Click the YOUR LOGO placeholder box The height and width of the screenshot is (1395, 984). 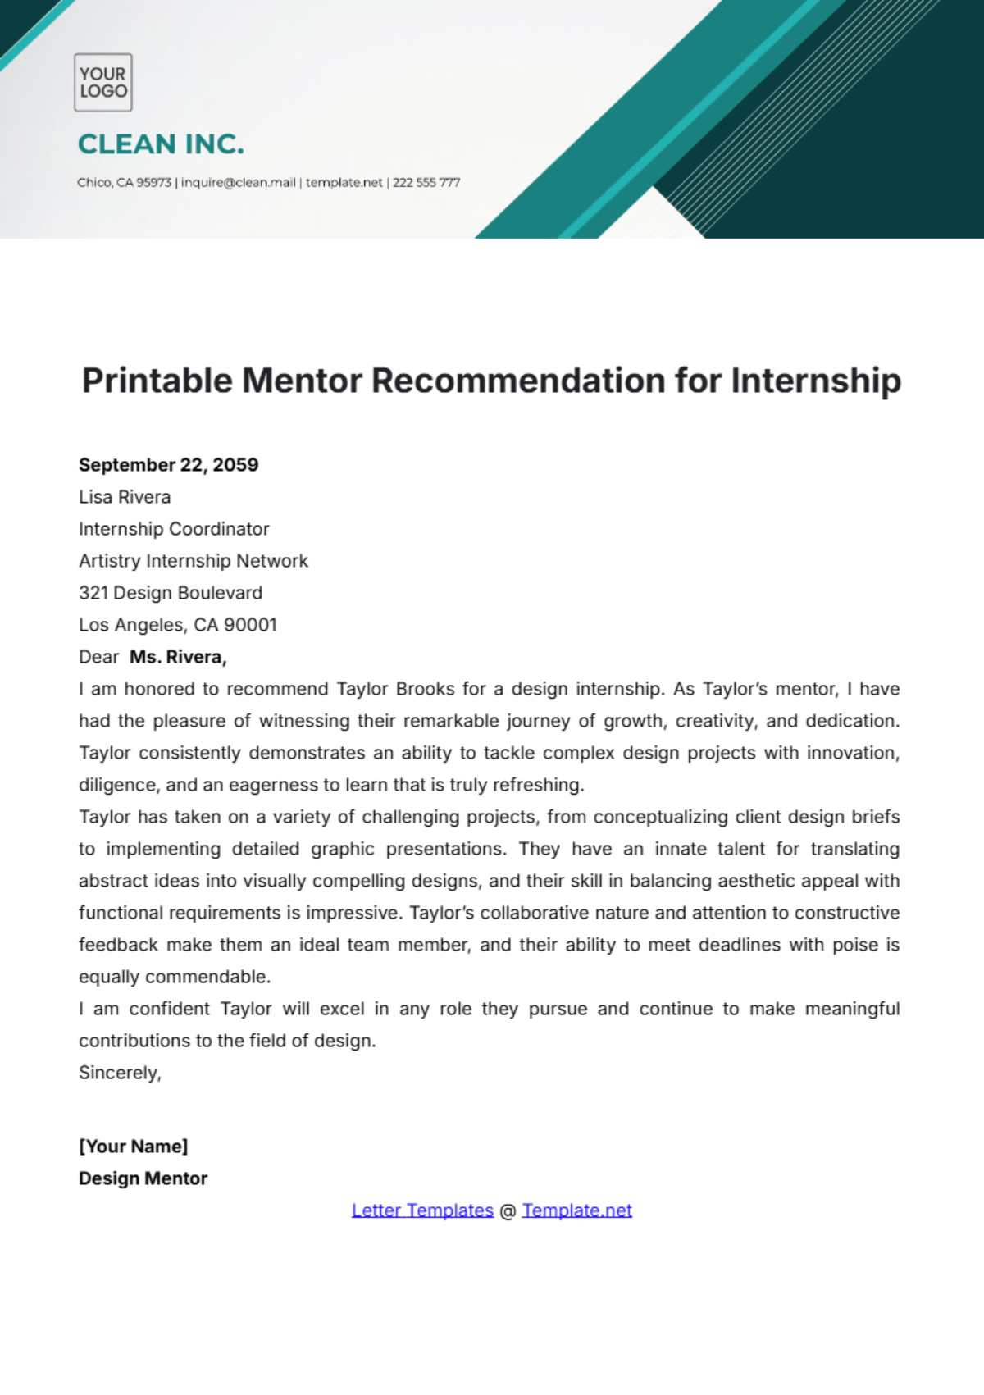coord(102,82)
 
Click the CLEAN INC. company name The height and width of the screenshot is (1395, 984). coord(161,144)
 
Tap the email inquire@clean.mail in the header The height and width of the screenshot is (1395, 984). coord(238,182)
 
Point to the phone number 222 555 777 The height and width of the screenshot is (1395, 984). coord(426,182)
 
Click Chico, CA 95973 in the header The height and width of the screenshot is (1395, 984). coord(124,182)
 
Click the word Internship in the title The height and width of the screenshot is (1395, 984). coord(815,381)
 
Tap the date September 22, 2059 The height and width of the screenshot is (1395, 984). coord(168,465)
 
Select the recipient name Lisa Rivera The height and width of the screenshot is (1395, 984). coord(125,497)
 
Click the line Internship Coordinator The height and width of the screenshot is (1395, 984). coord(174,529)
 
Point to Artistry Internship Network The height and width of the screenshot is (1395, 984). coord(194,561)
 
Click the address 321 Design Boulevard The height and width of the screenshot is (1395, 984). coord(171,593)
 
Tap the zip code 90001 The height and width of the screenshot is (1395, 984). coord(251,625)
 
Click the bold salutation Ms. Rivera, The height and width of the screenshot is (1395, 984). coord(178,657)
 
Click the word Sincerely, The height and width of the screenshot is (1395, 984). coord(120,1073)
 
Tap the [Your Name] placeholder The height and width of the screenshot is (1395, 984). coord(133,1147)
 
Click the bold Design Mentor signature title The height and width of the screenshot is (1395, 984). coord(143,1178)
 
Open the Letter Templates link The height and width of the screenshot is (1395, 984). coord(422,1210)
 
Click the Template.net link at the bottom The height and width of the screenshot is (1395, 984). coord(576,1210)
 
